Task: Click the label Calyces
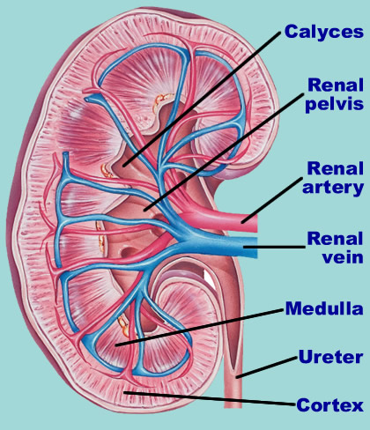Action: [x=324, y=32]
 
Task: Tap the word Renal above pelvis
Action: [x=336, y=85]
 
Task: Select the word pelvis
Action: [x=335, y=104]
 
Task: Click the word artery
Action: [x=333, y=188]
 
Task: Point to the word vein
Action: [x=343, y=257]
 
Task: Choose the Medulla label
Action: [x=324, y=308]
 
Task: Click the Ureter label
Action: [x=330, y=357]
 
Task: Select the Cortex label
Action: [x=329, y=405]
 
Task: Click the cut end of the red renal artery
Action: [x=255, y=224]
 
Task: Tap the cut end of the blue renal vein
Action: [x=255, y=248]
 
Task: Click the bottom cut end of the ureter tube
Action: [x=233, y=407]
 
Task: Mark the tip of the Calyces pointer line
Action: [x=124, y=167]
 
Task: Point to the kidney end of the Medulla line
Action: [x=116, y=345]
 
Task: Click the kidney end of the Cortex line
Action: [x=125, y=392]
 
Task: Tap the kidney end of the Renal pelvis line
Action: [x=144, y=211]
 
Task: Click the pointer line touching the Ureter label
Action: [x=267, y=367]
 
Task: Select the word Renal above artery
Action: [x=336, y=168]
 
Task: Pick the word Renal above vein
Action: [x=336, y=239]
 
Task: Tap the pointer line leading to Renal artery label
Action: [x=272, y=200]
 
